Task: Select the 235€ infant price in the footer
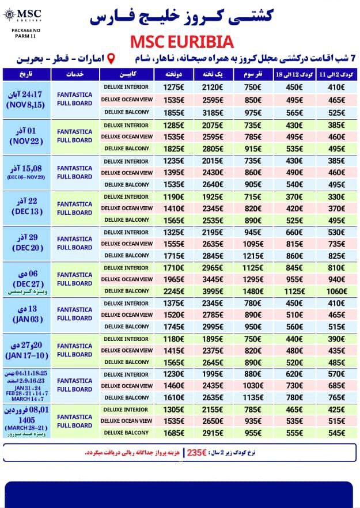tap(197, 453)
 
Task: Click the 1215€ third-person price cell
tap(252, 255)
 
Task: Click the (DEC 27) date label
tap(27, 284)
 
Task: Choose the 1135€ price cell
tap(252, 398)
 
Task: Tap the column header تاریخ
tap(27, 75)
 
